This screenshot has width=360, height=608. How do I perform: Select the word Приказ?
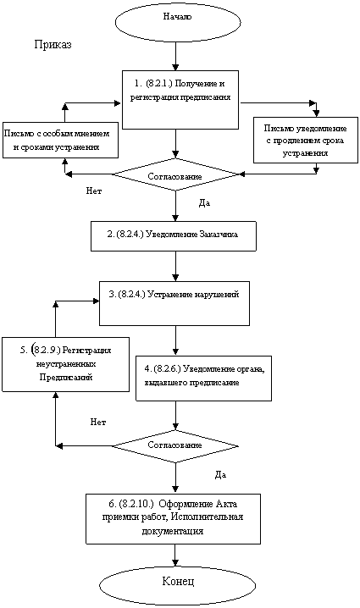[x=53, y=45]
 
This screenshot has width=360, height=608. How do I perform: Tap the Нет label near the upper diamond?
[x=94, y=191]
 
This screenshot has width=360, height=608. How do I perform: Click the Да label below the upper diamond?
[x=204, y=203]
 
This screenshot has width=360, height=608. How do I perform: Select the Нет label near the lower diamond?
[x=98, y=423]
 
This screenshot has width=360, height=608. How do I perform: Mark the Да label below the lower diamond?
[x=220, y=474]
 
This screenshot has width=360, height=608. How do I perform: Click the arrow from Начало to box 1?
[x=176, y=55]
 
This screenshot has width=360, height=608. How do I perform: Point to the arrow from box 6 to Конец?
[x=176, y=554]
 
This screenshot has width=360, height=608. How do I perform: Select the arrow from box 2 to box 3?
[x=176, y=266]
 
